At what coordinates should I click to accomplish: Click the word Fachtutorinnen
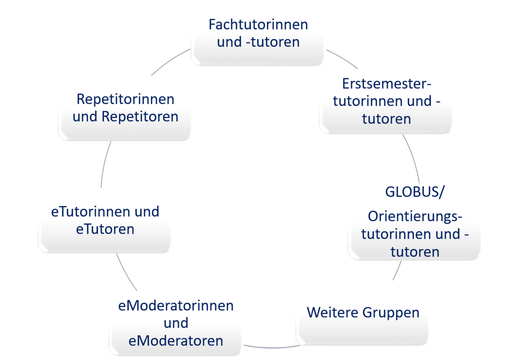(x=258, y=24)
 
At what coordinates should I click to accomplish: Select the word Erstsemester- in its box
(x=387, y=84)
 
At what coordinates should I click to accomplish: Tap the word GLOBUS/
(x=414, y=193)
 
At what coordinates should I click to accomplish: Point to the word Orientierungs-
(x=415, y=217)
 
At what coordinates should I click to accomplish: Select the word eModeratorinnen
(x=176, y=306)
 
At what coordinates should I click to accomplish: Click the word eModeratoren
(x=176, y=341)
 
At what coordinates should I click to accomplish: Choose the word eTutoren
(x=105, y=229)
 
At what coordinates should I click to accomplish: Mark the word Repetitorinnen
(x=125, y=99)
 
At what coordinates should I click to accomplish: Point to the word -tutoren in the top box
(x=272, y=42)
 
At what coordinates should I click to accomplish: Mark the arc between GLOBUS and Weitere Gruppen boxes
(x=397, y=270)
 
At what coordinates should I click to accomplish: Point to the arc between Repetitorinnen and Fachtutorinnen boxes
(x=170, y=62)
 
